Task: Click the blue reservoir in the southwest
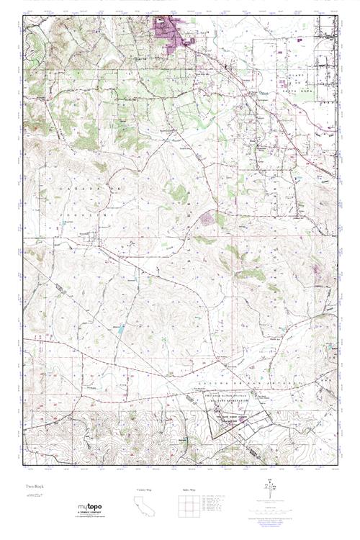point(120,330)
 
